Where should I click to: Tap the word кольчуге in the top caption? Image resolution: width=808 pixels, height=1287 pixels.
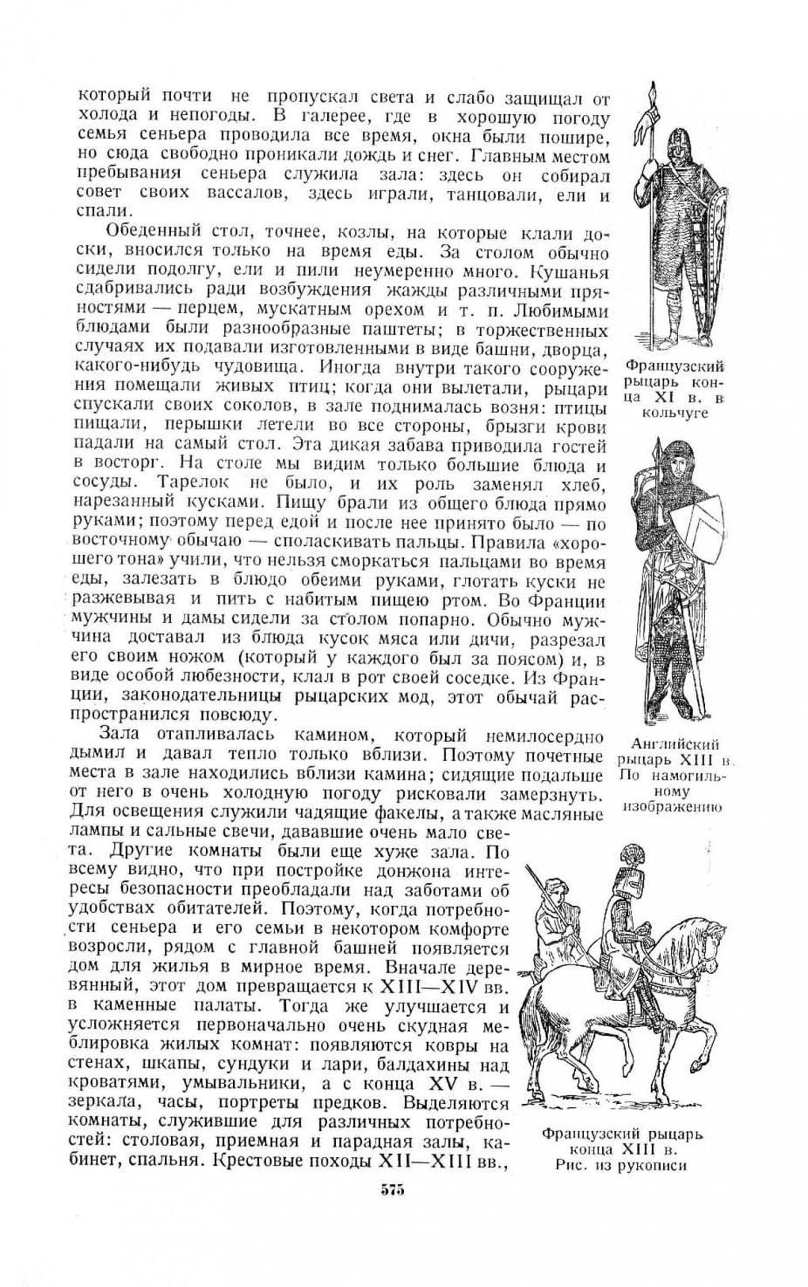[675, 412]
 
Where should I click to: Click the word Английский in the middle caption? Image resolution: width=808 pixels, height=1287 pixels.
[676, 744]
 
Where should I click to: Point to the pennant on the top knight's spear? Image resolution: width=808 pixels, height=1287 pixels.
[653, 120]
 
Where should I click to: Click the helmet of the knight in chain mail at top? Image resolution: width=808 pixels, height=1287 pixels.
[677, 142]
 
